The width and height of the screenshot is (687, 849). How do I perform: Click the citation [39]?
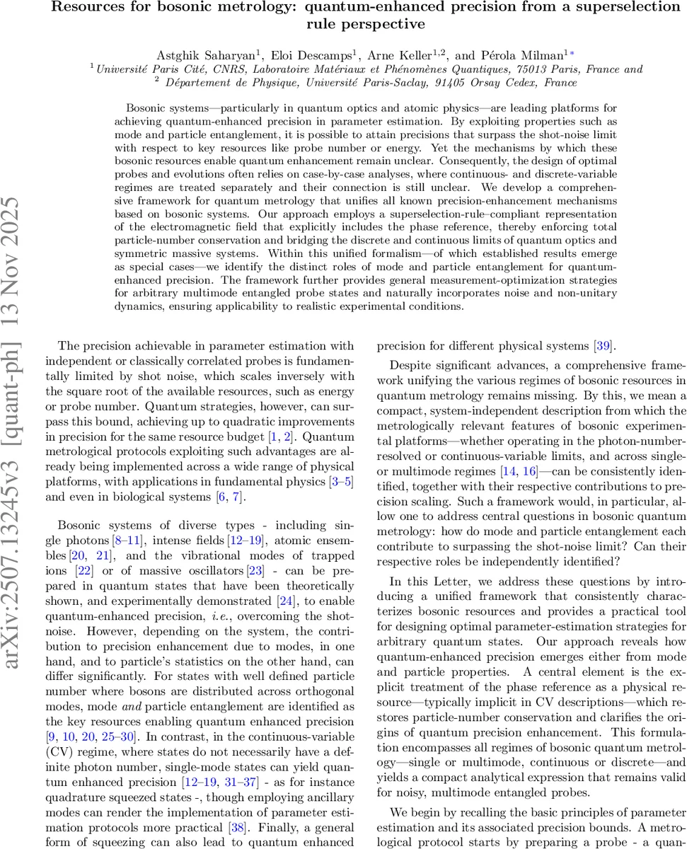[x=605, y=346]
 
